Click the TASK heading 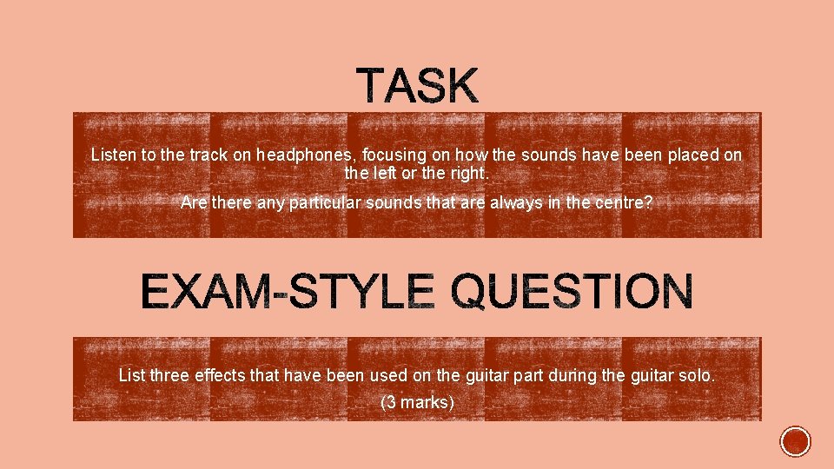click(x=417, y=87)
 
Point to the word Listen click(x=113, y=155)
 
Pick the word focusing click(x=394, y=155)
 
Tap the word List click(x=132, y=376)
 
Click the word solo click(x=698, y=376)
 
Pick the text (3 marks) click(x=417, y=403)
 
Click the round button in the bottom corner click(x=795, y=441)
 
